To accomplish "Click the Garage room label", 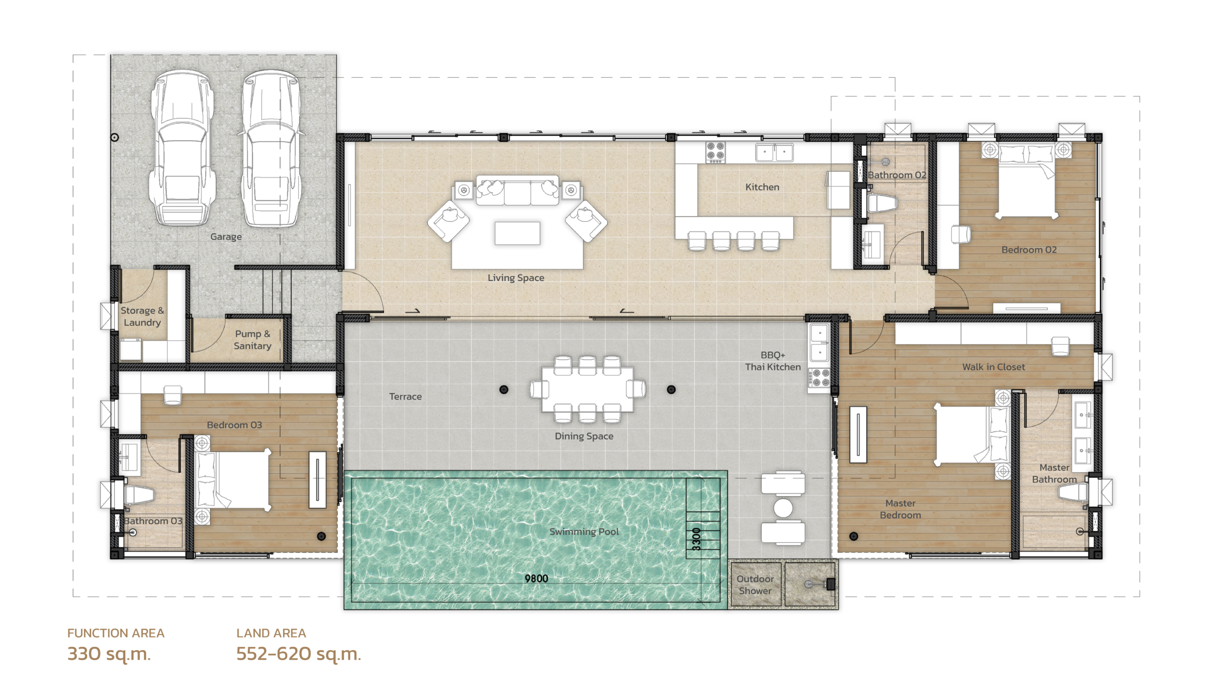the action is (x=226, y=237).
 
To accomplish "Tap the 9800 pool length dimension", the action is (x=537, y=578).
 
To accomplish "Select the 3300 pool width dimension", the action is (x=697, y=539).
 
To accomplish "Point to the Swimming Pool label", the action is (x=584, y=532).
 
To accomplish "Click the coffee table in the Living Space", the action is (x=517, y=234).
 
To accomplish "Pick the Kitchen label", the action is (x=762, y=187).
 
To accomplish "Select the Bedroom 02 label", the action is (x=1029, y=250).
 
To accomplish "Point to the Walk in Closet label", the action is (x=993, y=367).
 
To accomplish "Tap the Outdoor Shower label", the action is (x=755, y=585).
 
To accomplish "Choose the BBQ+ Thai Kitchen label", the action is (x=772, y=361).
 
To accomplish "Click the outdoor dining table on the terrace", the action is (x=587, y=389).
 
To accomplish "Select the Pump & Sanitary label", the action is (x=252, y=339).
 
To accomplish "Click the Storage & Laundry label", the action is (x=142, y=316).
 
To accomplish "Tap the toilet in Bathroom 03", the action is (x=138, y=495).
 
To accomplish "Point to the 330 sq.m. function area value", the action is (x=109, y=654).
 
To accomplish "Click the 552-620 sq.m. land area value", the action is (x=298, y=654).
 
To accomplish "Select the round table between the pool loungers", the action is (x=783, y=508).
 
